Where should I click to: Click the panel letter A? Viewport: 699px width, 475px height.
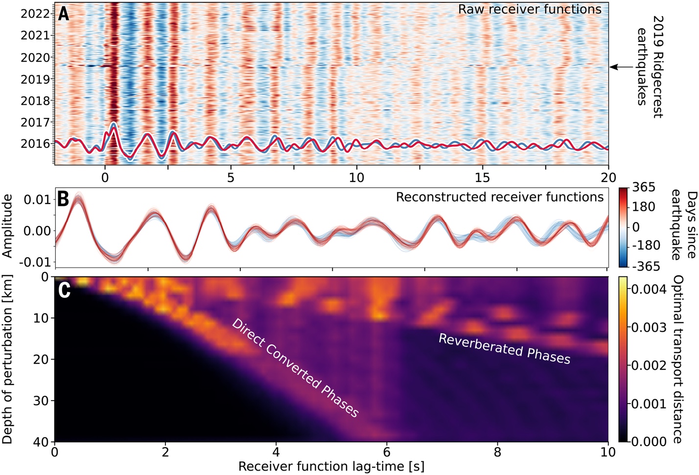tap(64, 14)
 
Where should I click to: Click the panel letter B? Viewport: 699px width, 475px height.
tap(63, 199)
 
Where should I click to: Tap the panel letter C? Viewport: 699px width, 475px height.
tap(64, 290)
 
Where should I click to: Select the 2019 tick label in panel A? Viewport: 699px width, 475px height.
tap(35, 79)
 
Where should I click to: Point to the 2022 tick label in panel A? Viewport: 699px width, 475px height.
tap(35, 14)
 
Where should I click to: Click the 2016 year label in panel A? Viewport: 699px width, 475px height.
tap(35, 144)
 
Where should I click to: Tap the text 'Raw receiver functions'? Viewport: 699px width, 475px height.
tap(530, 9)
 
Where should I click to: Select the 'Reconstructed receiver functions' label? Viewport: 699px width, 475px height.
tap(500, 197)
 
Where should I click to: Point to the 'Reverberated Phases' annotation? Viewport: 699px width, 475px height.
tap(504, 349)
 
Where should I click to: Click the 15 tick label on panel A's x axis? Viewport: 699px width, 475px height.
tap(482, 177)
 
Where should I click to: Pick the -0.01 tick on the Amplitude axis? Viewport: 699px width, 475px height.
tap(37, 262)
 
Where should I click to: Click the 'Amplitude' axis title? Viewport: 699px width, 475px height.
tap(7, 226)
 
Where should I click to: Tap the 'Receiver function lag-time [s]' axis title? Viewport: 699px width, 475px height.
tap(331, 466)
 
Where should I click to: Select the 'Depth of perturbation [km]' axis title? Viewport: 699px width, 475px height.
tap(7, 360)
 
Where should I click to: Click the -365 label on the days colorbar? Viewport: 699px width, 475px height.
tap(646, 267)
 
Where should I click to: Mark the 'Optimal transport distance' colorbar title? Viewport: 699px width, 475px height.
tap(678, 359)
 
